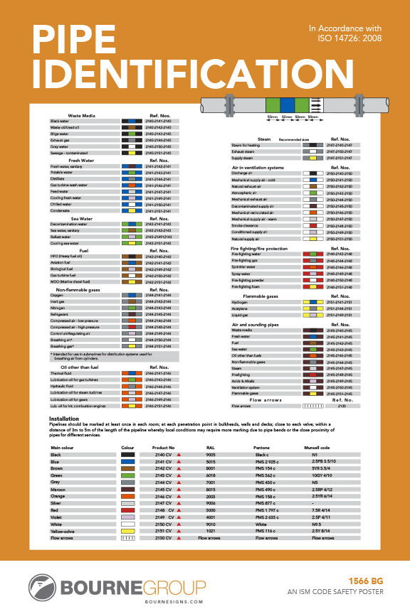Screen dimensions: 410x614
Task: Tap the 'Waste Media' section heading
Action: pyautogui.click(x=83, y=115)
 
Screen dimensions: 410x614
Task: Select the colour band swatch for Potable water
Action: pyautogui.click(x=130, y=173)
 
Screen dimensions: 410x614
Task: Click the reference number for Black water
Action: pyautogui.click(x=158, y=122)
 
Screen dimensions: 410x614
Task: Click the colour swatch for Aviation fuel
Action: pyautogui.click(x=130, y=262)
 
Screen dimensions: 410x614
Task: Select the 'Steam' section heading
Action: pyautogui.click(x=264, y=139)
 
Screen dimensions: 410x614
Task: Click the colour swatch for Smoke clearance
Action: pyautogui.click(x=309, y=226)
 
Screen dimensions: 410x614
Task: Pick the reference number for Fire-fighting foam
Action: pyautogui.click(x=338, y=286)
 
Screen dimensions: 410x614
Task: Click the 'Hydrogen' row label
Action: pyautogui.click(x=241, y=302)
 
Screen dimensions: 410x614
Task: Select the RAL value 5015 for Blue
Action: pyautogui.click(x=211, y=462)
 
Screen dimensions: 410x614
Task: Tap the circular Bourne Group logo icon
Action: pyautogui.click(x=44, y=586)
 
